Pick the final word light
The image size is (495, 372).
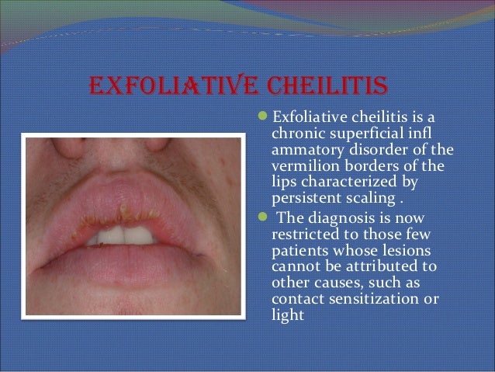pyautogui.click(x=286, y=315)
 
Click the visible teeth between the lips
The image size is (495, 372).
pyautogui.click(x=125, y=235)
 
